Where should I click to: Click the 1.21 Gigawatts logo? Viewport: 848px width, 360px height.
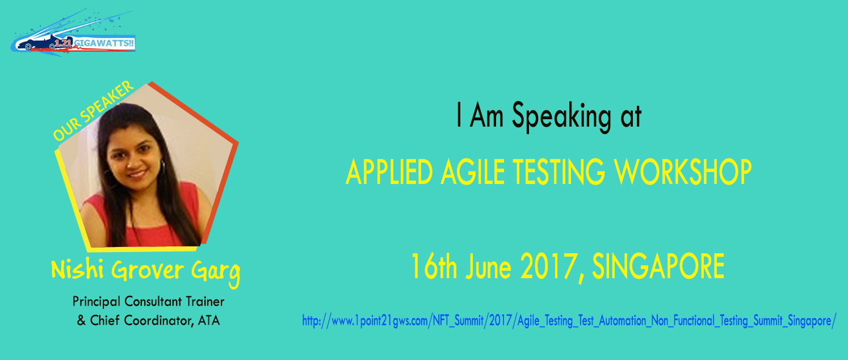point(73,33)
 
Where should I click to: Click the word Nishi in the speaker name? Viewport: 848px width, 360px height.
point(77,269)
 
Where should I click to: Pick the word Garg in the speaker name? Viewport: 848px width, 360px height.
point(216,273)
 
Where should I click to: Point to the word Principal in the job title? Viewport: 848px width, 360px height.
point(96,302)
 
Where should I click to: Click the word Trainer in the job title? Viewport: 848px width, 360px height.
point(205,302)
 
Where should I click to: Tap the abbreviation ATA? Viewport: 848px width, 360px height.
point(208,321)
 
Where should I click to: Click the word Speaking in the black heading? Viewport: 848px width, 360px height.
point(561,118)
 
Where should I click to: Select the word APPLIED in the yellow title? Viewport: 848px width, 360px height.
point(389,172)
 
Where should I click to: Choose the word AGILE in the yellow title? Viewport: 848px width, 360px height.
point(472,172)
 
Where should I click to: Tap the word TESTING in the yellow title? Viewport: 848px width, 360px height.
point(559,172)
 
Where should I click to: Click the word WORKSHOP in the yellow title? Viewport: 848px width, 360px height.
point(683,172)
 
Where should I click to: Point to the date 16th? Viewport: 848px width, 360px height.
point(434,266)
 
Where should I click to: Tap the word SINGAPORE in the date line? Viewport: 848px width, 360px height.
point(658,266)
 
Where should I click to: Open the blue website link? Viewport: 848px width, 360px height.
point(569,321)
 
